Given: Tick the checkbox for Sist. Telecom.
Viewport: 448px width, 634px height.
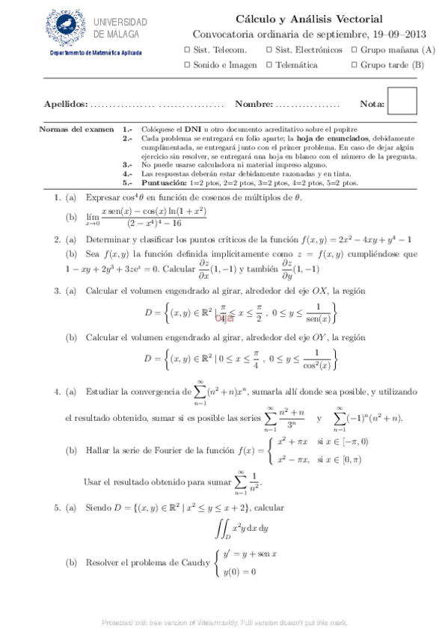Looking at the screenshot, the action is [186, 50].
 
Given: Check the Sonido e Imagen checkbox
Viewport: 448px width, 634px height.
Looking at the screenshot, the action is [186, 65].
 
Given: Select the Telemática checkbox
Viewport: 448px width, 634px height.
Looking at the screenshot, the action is [269, 65].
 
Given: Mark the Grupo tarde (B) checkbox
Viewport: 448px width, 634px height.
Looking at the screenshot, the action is [353, 65].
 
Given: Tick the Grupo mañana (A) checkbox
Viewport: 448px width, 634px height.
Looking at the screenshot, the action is [353, 50].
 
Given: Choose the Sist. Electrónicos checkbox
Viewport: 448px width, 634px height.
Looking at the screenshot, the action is [269, 50].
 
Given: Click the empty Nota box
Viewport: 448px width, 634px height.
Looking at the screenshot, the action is [402, 102].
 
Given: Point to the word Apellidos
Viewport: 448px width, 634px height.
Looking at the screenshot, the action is [65, 105].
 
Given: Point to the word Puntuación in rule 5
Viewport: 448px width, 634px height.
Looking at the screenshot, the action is [165, 183].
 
